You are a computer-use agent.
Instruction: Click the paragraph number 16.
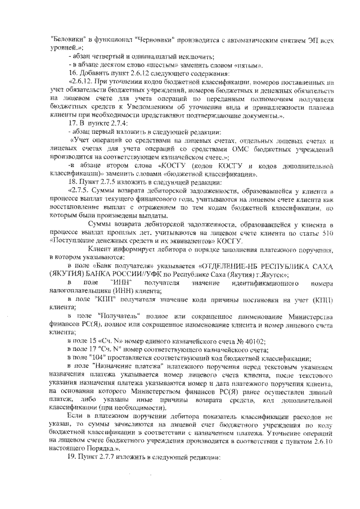tap(71, 74)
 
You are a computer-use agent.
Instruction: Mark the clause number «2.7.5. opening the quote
tap(79, 190)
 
